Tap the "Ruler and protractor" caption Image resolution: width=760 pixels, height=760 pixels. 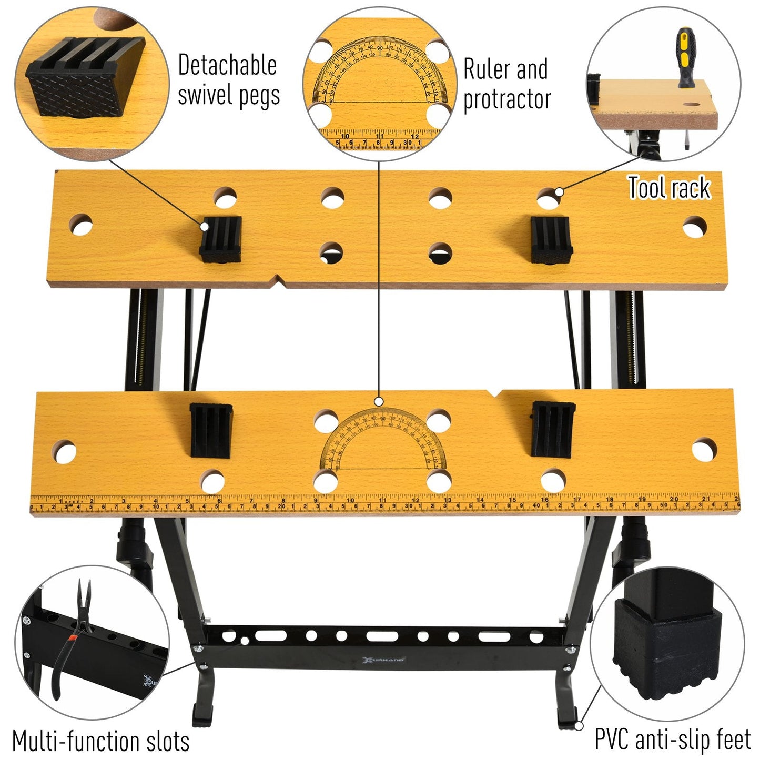click(506, 84)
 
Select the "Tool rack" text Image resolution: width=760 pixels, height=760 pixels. click(669, 188)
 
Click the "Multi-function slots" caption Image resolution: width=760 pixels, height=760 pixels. click(100, 741)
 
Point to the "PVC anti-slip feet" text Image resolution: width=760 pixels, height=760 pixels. click(673, 739)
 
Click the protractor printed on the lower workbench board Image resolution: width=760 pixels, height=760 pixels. click(382, 442)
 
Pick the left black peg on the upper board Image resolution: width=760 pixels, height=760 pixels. click(220, 239)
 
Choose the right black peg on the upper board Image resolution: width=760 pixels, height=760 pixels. click(550, 239)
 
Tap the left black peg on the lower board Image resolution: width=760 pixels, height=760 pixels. click(211, 430)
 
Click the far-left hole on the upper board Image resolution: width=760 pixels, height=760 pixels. click(81, 224)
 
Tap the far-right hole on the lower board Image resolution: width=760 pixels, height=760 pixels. click(704, 451)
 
